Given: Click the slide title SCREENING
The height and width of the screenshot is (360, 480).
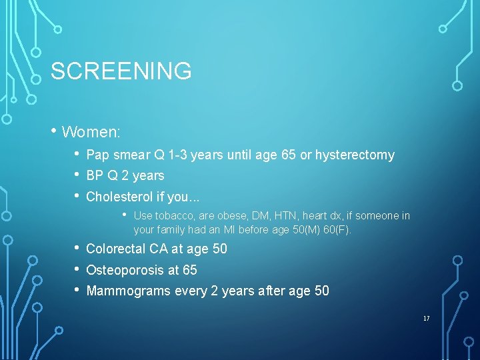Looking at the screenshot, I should [x=121, y=71].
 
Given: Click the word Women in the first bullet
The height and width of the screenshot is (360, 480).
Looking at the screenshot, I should [x=89, y=132].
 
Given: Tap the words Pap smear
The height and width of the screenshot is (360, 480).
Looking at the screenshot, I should [x=118, y=155].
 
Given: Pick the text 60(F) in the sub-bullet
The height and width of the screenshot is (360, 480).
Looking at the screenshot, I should [x=337, y=230].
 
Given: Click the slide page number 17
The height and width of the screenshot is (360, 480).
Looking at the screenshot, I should [x=426, y=319].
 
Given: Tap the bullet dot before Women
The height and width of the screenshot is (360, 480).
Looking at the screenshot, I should [x=54, y=131].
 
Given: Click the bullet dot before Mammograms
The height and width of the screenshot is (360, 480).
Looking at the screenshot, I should [x=79, y=290].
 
